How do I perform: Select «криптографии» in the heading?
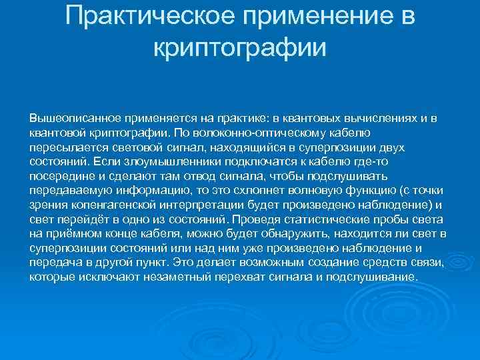[240, 47]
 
